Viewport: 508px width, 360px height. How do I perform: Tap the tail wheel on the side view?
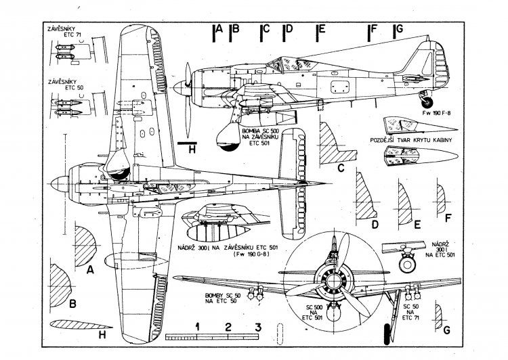click(x=429, y=104)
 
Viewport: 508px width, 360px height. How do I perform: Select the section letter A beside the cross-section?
click(x=90, y=269)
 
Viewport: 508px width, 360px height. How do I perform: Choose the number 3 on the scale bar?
click(x=257, y=328)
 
